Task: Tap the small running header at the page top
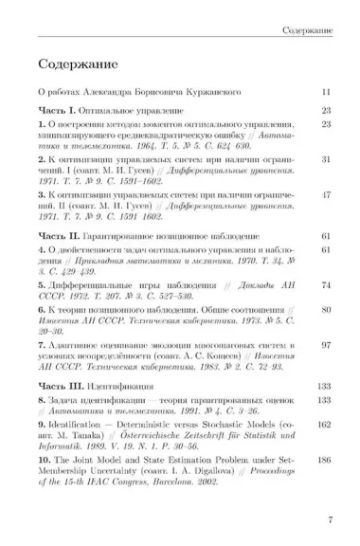point(307,32)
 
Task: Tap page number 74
point(324,283)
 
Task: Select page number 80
point(324,309)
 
